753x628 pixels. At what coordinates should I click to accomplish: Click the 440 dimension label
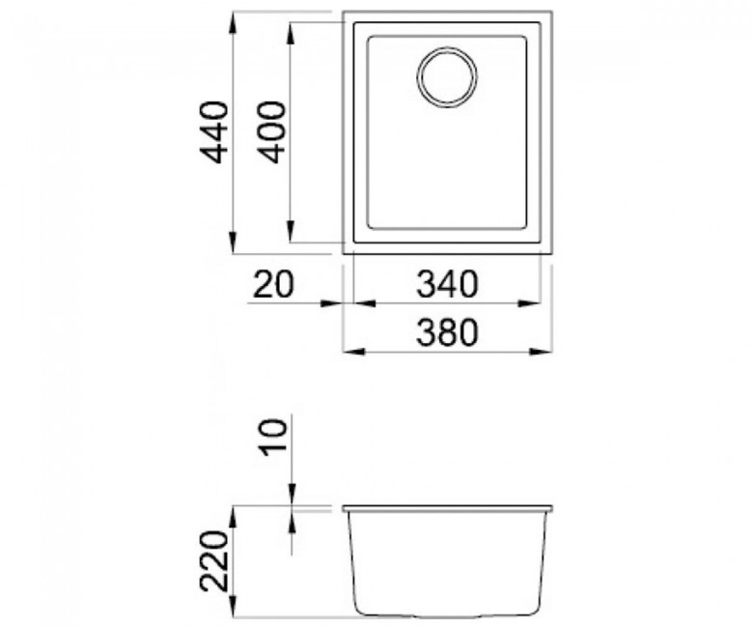[x=213, y=132]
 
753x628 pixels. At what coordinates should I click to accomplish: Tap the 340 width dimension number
[x=447, y=284]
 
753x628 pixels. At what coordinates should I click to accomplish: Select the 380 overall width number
[x=447, y=332]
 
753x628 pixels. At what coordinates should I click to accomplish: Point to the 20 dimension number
[x=272, y=284]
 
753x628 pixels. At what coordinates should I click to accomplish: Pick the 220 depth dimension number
[x=213, y=560]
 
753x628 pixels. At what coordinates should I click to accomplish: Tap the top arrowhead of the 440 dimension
[x=233, y=22]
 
